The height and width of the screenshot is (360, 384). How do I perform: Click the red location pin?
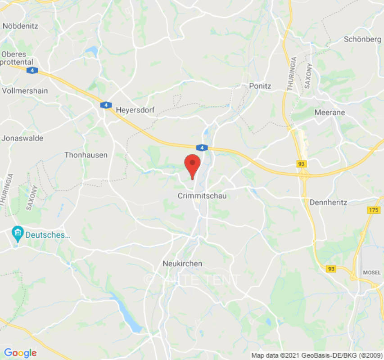point(193,165)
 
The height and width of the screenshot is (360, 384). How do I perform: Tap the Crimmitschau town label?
point(202,196)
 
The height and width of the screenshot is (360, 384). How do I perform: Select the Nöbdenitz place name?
point(20,26)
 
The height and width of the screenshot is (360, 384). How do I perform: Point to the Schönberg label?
point(362,39)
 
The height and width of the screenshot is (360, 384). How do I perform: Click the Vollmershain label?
point(25,90)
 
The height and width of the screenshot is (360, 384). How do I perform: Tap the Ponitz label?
point(260,85)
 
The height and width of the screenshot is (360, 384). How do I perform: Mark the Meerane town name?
point(330,112)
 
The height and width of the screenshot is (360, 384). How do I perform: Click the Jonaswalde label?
point(23,138)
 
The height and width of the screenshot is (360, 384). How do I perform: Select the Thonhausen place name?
point(86,155)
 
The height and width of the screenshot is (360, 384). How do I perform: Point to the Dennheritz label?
point(328,202)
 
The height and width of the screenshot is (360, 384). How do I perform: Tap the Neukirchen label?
point(183,264)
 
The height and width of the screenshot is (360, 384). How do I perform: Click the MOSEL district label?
point(372,273)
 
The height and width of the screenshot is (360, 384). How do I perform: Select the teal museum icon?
point(18,234)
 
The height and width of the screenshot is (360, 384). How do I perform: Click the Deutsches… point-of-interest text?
point(48,234)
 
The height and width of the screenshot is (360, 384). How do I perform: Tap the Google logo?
point(20,353)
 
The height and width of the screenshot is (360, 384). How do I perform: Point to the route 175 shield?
point(373,210)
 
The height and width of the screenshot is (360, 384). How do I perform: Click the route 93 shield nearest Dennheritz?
point(302,164)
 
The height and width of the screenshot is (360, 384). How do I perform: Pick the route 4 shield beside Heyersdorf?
point(106,105)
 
